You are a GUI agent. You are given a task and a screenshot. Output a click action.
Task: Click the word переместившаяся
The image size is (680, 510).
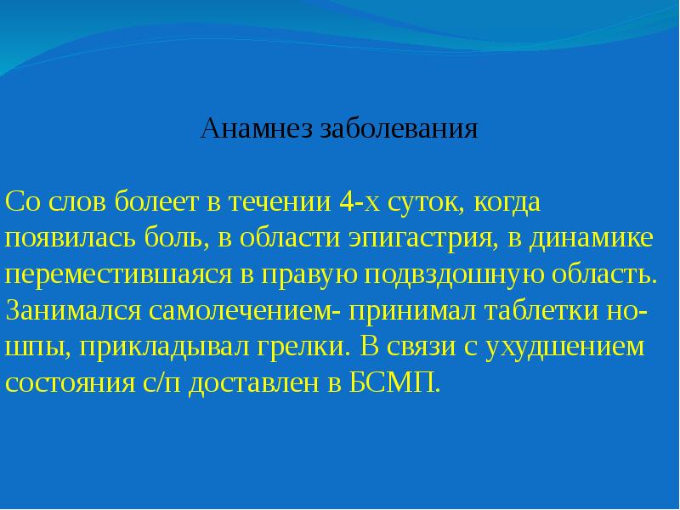click(x=118, y=275)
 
